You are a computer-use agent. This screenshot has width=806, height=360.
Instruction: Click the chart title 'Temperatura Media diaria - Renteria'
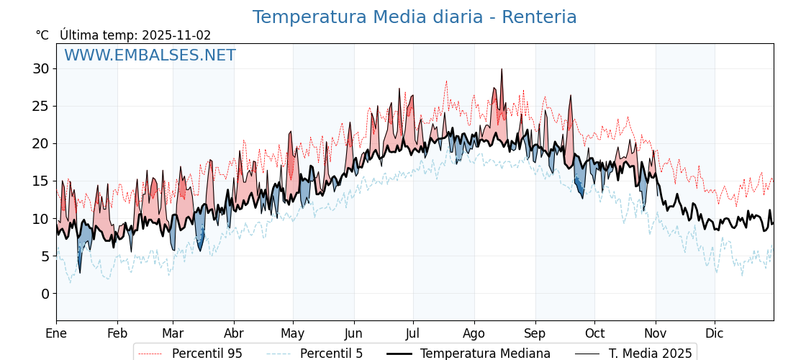pos(415,17)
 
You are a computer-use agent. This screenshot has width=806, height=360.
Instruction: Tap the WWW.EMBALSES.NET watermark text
pos(150,55)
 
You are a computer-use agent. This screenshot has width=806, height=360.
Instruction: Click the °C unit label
pos(42,35)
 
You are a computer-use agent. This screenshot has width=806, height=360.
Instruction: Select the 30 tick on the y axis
pos(40,69)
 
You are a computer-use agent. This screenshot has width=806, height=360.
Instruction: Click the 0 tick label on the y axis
pos(45,294)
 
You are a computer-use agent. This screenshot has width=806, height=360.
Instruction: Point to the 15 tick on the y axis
pos(40,181)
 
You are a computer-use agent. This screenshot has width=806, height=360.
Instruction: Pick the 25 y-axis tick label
pos(40,107)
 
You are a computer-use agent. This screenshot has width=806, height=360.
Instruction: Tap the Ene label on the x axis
pos(56,333)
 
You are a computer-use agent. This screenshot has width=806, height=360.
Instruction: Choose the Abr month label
pos(234,333)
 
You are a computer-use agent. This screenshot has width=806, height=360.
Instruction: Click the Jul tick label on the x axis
pos(413,333)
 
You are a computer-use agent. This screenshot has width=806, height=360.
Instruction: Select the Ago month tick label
pos(474,333)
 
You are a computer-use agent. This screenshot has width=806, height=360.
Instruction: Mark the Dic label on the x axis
pos(715,333)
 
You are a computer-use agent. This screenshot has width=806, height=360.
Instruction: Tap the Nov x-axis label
pos(656,333)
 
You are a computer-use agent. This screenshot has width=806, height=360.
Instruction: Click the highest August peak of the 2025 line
pos(502,69)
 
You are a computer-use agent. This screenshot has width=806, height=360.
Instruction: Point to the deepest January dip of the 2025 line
pos(79,272)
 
